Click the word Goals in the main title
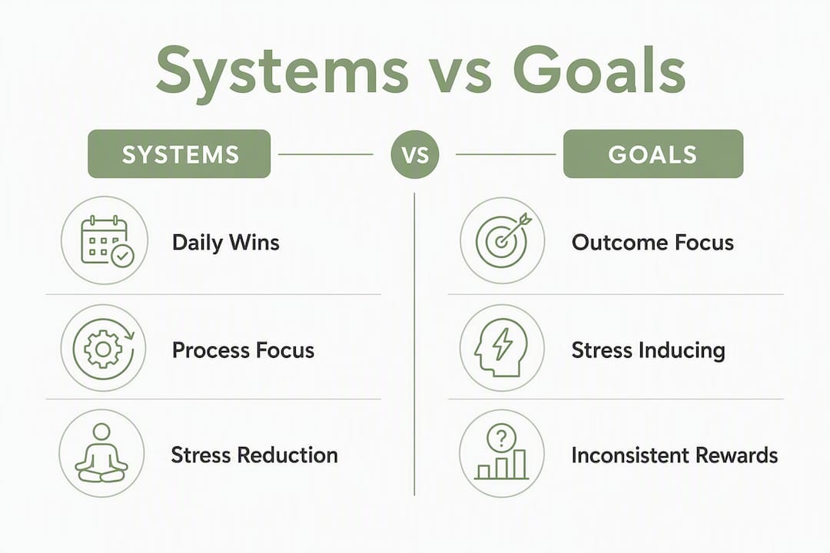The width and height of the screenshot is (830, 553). pos(599,70)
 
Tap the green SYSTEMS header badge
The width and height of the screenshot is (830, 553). pos(179,154)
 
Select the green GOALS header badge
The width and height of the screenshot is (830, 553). pos(652,154)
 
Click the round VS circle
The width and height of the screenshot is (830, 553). pos(415,154)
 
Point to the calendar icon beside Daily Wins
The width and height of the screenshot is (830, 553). pos(107,240)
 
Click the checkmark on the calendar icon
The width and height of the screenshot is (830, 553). pos(123,256)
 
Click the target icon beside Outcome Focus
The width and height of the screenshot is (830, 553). pos(502,240)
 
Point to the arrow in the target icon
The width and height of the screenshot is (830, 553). pos(513,228)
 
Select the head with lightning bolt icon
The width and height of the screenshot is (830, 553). pos(501,347)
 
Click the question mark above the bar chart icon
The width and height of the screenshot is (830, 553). pos(501,438)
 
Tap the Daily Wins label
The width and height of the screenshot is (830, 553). pos(225,243)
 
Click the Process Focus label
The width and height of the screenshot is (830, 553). pos(243,350)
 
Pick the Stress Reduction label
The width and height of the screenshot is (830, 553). pos(254,455)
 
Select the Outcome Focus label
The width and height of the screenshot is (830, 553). pos(652,243)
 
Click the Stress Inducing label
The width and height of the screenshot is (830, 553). pos(649,350)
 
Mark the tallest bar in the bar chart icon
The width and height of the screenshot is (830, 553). pos(520,464)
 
